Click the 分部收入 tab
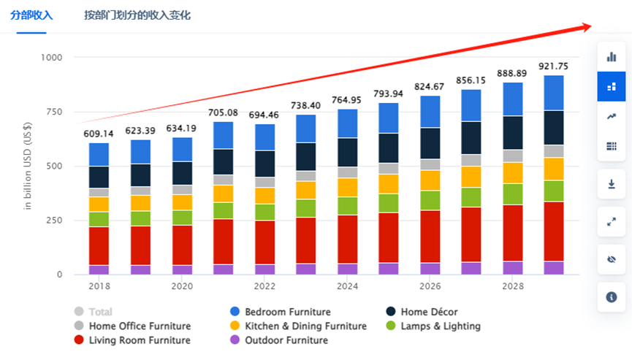point(31,15)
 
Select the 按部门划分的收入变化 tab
point(137,15)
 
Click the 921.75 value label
point(553,66)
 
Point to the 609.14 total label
point(99,134)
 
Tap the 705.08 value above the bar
point(223,112)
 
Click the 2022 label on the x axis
point(264,287)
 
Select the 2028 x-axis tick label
point(512,287)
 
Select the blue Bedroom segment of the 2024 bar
point(347,123)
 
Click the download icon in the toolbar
point(612,184)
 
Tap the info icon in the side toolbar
point(612,296)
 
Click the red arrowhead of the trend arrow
point(586,27)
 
